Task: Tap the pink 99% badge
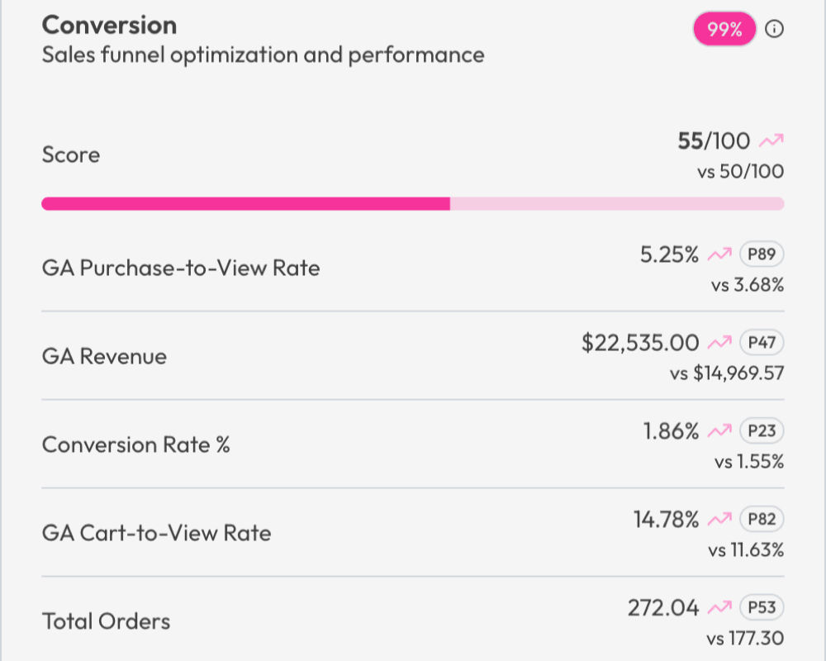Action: [x=724, y=30]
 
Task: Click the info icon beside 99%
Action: [x=774, y=30]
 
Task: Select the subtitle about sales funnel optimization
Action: [x=263, y=55]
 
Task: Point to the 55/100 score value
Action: [x=714, y=141]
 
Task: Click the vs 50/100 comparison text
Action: [x=740, y=172]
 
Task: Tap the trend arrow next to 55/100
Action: [x=771, y=142]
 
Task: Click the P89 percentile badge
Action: [x=761, y=254]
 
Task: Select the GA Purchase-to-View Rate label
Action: [x=181, y=268]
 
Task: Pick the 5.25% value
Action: [x=670, y=254]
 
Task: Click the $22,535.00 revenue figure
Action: [x=640, y=343]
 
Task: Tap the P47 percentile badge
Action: [x=761, y=343]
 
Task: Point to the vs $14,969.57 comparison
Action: [x=727, y=373]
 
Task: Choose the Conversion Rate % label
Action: [x=136, y=445]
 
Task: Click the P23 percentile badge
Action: [x=761, y=431]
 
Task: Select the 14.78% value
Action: [x=666, y=520]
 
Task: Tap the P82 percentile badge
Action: [x=761, y=520]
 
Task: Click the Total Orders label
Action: [x=106, y=621]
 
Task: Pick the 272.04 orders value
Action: [x=663, y=608]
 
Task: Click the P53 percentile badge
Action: [x=761, y=608]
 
